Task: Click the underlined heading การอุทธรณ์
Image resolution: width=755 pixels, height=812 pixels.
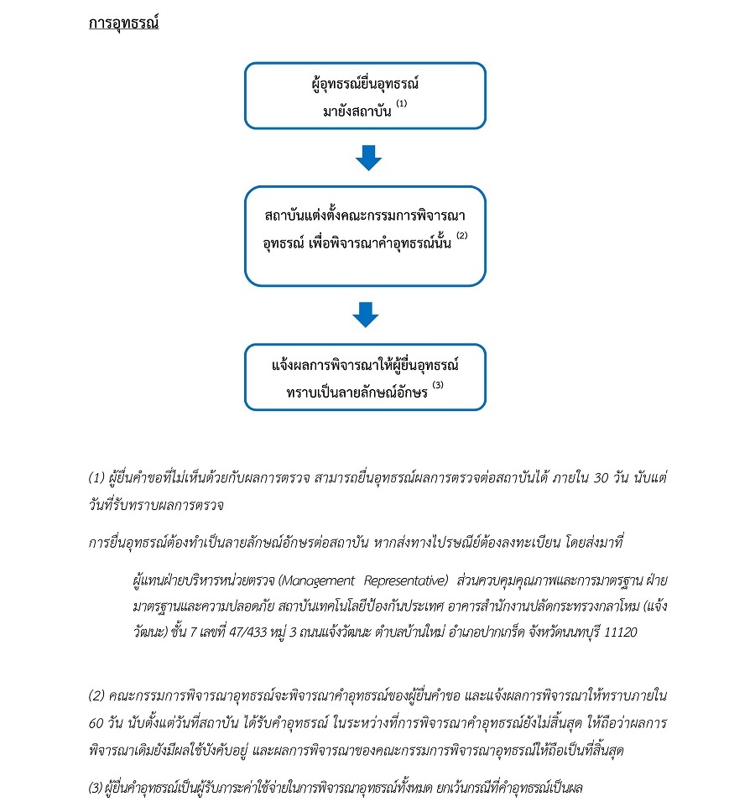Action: pyautogui.click(x=123, y=23)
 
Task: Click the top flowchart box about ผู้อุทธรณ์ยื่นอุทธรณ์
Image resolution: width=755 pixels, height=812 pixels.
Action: pyautogui.click(x=364, y=96)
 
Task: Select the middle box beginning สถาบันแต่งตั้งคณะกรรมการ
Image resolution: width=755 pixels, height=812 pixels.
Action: pyautogui.click(x=364, y=236)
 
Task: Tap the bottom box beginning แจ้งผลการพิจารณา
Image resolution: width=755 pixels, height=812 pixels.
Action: pyautogui.click(x=364, y=377)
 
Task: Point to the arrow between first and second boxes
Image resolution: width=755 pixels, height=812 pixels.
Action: pyautogui.click(x=367, y=158)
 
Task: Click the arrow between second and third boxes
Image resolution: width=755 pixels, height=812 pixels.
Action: pyautogui.click(x=365, y=315)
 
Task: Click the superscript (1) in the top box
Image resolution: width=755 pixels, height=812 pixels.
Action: pyautogui.click(x=401, y=104)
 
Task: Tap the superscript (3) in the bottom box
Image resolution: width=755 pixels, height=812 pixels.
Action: pyautogui.click(x=437, y=385)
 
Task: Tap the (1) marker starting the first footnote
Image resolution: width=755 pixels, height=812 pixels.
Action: pyautogui.click(x=96, y=477)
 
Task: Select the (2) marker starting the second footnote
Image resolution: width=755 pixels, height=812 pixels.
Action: pyautogui.click(x=96, y=696)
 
